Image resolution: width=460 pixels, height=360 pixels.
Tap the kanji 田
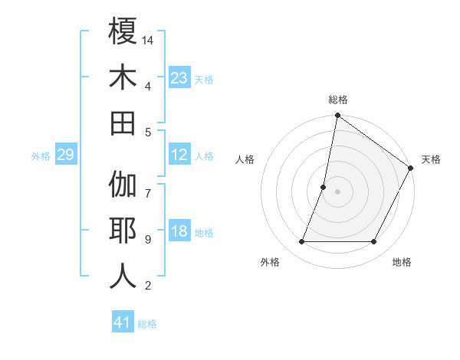pos(123,123)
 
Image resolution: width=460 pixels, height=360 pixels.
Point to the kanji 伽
pos(123,185)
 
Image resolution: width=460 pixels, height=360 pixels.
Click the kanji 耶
pos(123,231)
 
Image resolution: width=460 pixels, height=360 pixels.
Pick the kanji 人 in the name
pos(123,277)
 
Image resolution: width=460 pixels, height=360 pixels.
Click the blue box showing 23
pos(179,77)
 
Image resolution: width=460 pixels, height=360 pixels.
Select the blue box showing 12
pos(179,155)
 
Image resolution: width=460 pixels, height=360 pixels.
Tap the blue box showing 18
pos(179,231)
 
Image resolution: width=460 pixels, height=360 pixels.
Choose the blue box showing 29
pos(65,155)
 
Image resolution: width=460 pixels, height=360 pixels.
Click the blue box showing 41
pos(123,322)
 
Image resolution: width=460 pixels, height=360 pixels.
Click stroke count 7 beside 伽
pos(147,185)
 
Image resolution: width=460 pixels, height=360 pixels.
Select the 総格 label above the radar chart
pos(338,100)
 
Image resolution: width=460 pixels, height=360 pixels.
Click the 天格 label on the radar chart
pos(431,159)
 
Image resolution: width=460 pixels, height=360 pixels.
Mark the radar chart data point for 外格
pos(302,242)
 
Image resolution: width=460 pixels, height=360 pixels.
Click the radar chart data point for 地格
pos(374,242)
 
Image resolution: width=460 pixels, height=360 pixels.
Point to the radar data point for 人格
pos(324,187)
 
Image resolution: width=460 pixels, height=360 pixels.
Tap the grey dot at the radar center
pos(338,191)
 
